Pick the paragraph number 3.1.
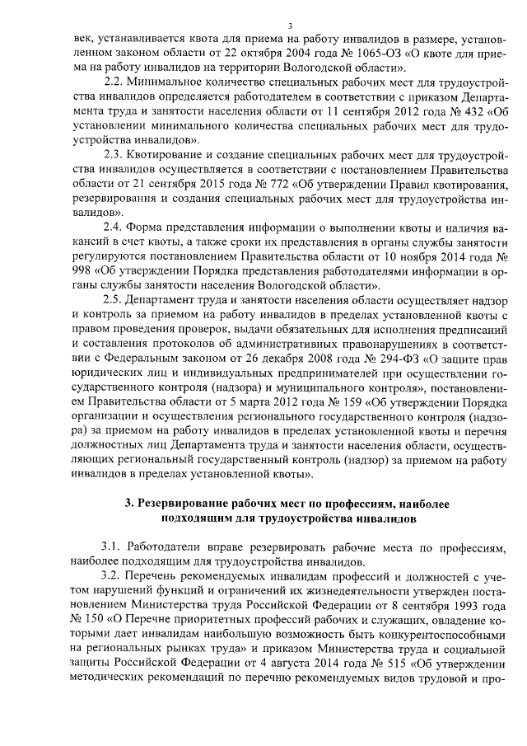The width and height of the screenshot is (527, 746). coord(114,548)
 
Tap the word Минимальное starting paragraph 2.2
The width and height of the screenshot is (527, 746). coord(172,82)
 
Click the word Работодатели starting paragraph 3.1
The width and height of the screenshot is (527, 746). coord(181,548)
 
